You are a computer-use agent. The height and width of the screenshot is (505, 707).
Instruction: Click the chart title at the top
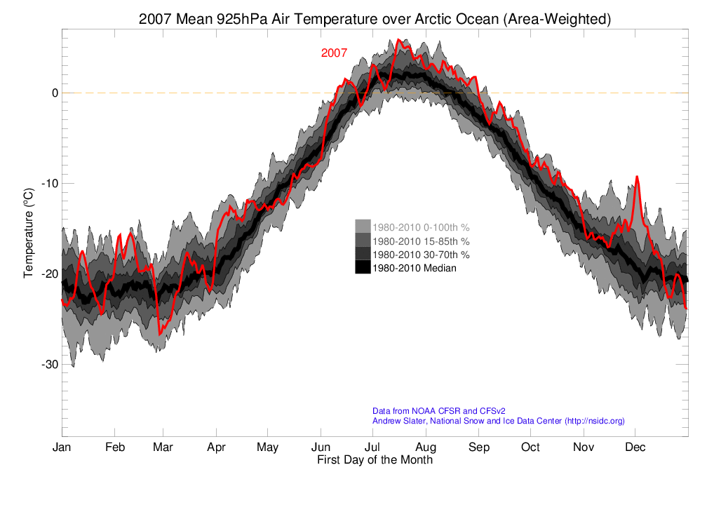[x=375, y=20]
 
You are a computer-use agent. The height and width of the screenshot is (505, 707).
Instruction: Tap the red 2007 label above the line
[x=334, y=53]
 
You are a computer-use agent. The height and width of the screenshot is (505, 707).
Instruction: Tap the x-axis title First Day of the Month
[x=375, y=460]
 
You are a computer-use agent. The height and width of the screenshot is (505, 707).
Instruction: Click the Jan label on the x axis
[x=62, y=447]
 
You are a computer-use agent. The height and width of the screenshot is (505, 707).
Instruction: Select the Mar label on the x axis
[x=163, y=447]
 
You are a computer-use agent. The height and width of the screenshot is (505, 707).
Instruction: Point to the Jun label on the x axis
[x=321, y=447]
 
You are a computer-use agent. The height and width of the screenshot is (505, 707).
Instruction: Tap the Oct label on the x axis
[x=530, y=447]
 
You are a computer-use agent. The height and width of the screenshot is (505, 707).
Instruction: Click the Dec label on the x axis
[x=635, y=447]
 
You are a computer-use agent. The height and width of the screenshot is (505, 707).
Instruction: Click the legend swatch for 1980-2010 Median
[x=363, y=267]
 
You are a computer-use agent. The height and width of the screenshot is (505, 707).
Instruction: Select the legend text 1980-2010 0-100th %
[x=421, y=227]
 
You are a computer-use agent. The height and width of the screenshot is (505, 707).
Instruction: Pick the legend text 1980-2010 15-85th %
[x=421, y=241]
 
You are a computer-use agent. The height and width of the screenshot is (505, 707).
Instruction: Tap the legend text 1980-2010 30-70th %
[x=421, y=254]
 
